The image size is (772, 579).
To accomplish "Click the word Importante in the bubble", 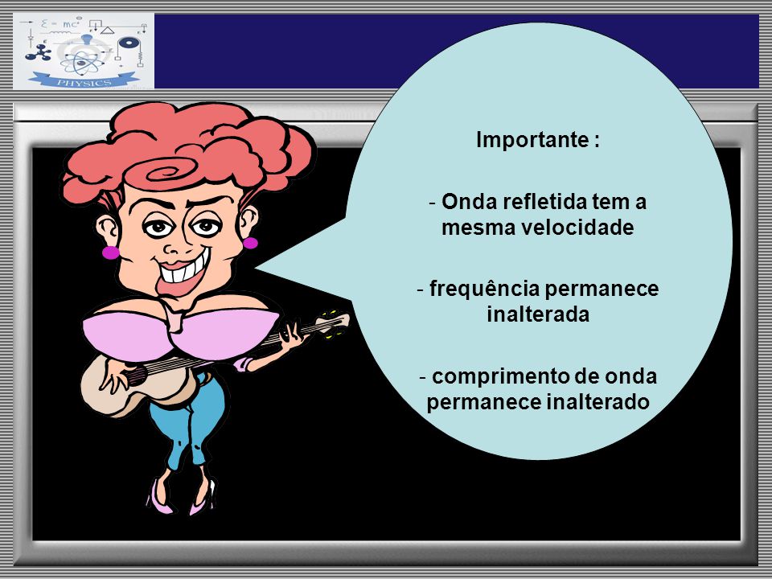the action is click(532, 140).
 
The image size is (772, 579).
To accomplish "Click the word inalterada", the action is click(538, 314).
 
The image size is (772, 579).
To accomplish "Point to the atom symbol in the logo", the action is click(82, 62).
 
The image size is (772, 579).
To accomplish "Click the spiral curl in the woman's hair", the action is click(167, 172).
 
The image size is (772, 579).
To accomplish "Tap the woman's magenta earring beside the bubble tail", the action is click(250, 243).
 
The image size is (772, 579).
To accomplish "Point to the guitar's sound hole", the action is click(137, 376).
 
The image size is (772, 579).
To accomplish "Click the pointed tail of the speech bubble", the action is click(255, 269).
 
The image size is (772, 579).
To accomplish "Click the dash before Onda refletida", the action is click(433, 203).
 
